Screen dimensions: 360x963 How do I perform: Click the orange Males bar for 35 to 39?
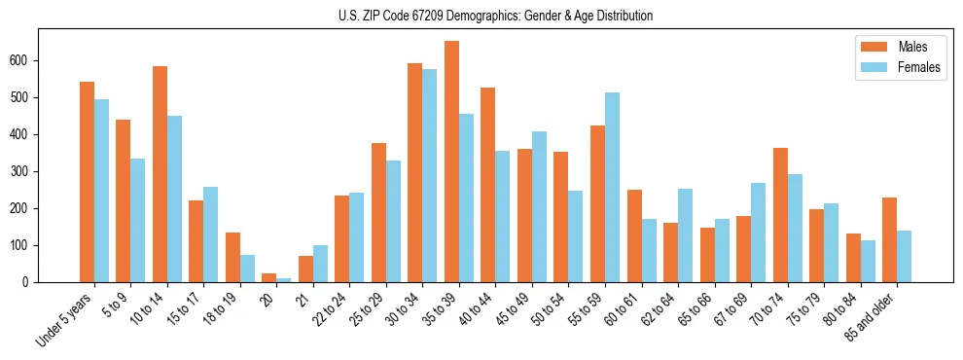(451, 162)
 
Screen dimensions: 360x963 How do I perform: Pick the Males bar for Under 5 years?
(87, 182)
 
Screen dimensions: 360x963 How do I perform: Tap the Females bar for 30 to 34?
(429, 175)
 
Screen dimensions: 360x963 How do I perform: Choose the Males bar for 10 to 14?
(160, 174)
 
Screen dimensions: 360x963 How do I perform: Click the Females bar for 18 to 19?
(247, 269)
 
